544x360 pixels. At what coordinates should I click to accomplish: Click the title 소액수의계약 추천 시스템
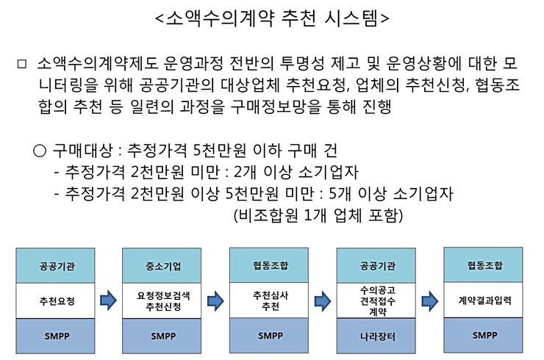tap(273, 18)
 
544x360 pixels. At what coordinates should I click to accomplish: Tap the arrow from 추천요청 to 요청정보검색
tap(110, 300)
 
